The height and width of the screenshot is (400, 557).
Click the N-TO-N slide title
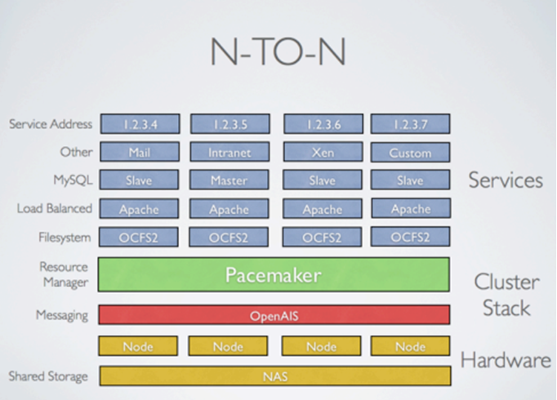(278, 53)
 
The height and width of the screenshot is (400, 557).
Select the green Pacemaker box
(274, 274)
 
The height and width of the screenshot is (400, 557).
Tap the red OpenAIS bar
(274, 315)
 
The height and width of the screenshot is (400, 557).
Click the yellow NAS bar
(274, 376)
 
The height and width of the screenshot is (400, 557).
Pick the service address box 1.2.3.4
(140, 124)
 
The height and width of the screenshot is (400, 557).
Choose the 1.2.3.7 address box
(410, 124)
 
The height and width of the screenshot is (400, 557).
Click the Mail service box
(140, 152)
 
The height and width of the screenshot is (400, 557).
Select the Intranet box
(229, 152)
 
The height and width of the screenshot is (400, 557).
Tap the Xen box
(323, 152)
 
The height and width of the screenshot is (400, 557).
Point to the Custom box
(410, 152)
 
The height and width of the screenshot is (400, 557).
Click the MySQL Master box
(229, 180)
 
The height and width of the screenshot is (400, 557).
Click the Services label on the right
(506, 180)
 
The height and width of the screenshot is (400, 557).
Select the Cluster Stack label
(506, 295)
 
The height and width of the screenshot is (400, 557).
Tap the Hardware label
(506, 359)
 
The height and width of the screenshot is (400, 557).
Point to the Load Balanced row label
(54, 208)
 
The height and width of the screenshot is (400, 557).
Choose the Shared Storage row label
(48, 376)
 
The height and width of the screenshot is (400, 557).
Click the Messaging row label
(61, 315)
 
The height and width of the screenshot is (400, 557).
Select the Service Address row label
(51, 124)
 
